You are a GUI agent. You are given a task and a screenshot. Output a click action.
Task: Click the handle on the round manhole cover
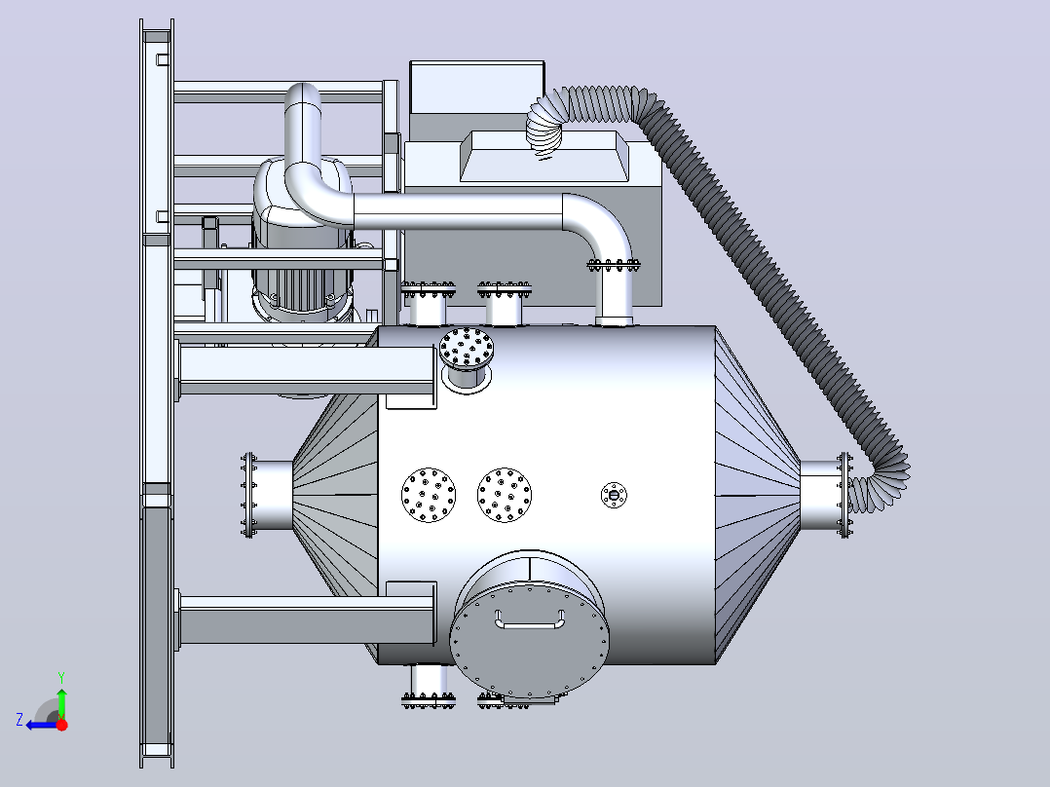click(529, 626)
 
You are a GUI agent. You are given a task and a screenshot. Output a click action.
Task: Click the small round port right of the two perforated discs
click(614, 495)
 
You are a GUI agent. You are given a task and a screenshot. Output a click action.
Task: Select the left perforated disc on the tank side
click(429, 495)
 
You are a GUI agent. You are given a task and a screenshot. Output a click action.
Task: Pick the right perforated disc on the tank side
click(505, 495)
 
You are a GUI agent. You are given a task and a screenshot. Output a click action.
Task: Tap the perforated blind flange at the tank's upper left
click(467, 349)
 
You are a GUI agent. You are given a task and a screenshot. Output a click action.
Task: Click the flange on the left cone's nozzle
click(248, 495)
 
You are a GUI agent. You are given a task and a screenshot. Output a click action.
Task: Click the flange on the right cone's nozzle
click(844, 495)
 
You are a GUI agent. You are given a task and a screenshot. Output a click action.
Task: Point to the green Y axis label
click(61, 677)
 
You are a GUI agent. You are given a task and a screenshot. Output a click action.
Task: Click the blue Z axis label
click(19, 720)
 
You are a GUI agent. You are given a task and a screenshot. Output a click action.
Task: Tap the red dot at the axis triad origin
click(61, 725)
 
